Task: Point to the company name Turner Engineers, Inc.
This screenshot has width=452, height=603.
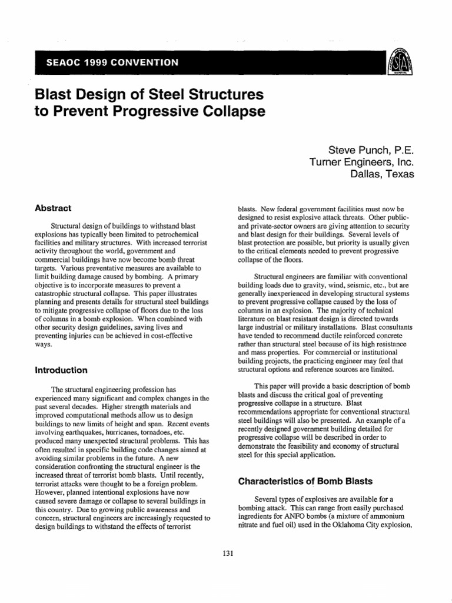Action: [361, 162]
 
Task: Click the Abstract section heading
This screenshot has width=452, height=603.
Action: [54, 208]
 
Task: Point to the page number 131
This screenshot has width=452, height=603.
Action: [225, 552]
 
